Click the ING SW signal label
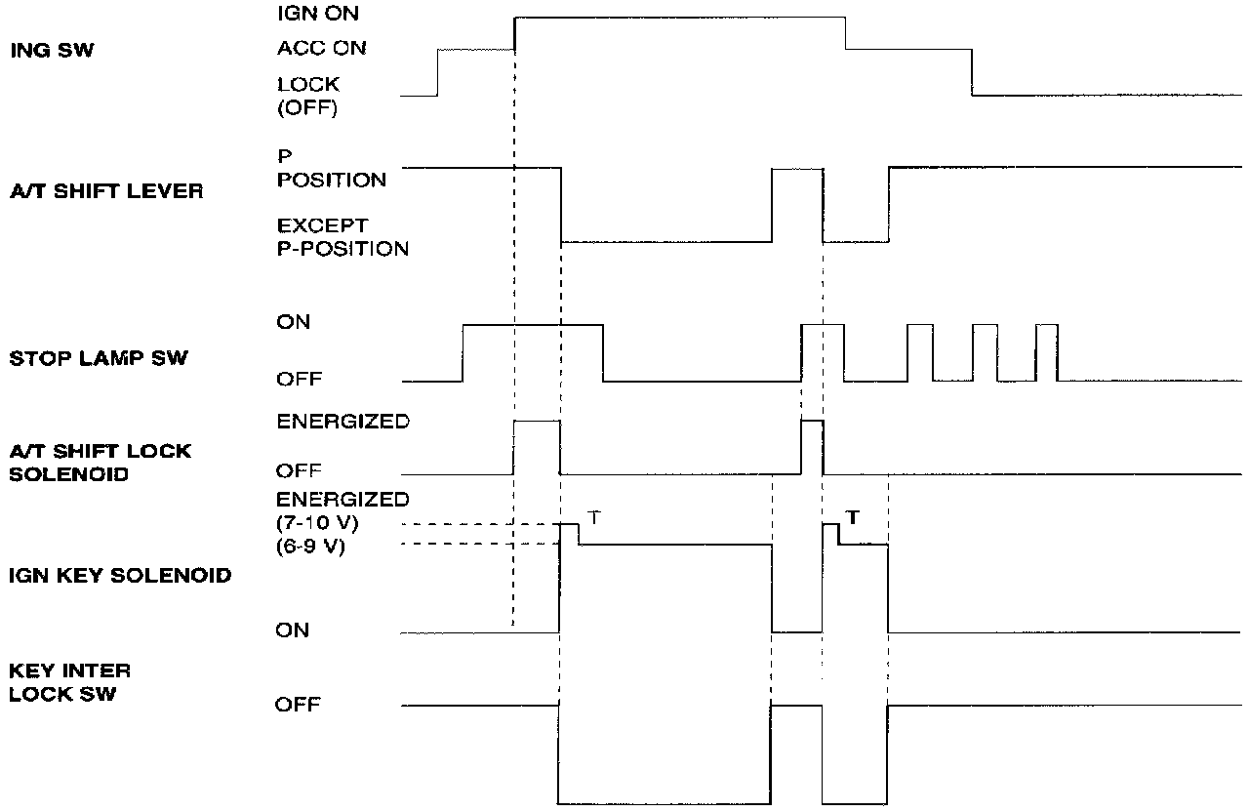(52, 51)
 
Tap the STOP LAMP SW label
(98, 358)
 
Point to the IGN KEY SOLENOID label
(120, 575)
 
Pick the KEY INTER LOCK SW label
(69, 682)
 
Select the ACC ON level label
(321, 48)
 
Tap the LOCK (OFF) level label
(308, 96)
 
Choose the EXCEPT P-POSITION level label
(342, 237)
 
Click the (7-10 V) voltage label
(318, 524)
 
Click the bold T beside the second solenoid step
(853, 518)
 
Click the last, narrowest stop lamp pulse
(1047, 351)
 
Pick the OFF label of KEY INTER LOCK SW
(298, 704)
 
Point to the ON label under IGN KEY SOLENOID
(292, 630)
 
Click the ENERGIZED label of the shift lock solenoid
(342, 423)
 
